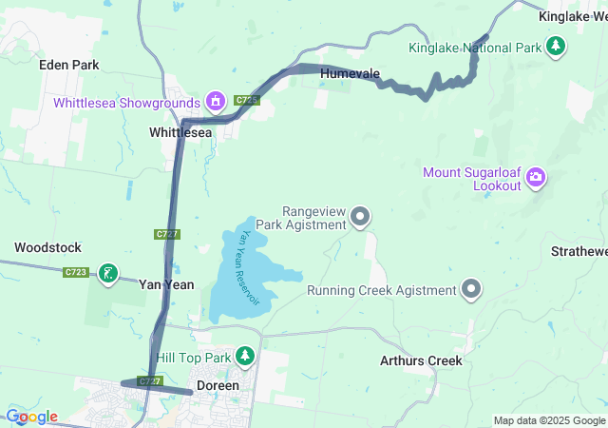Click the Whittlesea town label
coord(180,133)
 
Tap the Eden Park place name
coord(68,65)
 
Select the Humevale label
coord(350,73)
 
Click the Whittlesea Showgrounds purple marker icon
coord(217,102)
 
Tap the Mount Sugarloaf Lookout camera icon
coord(536,176)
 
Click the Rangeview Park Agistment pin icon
coord(360,218)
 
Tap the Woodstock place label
coord(47,247)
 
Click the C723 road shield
coord(77,273)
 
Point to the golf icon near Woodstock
coord(108,274)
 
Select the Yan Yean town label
coord(166,283)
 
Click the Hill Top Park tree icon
coord(246,356)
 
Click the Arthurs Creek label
coord(421,360)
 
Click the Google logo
coord(30,417)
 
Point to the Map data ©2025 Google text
coord(549,420)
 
